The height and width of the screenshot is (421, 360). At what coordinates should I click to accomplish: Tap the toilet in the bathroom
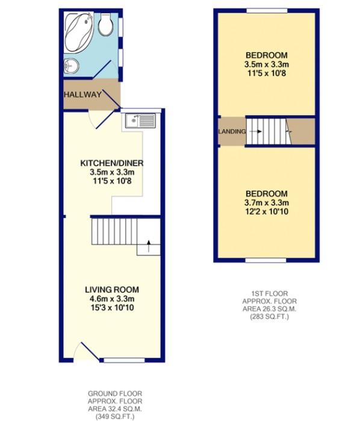point(106,25)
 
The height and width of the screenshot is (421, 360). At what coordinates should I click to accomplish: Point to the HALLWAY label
point(82,95)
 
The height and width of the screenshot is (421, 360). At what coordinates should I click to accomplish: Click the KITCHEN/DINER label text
point(113,163)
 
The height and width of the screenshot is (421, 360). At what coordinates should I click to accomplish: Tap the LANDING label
point(232,131)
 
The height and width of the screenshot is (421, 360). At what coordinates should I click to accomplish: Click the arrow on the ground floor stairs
point(146,245)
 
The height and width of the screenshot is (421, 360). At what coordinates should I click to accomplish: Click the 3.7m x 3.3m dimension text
point(265,202)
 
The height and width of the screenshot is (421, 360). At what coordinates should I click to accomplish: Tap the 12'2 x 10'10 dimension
point(265,211)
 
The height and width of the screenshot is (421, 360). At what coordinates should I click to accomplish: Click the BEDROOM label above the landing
point(265,55)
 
